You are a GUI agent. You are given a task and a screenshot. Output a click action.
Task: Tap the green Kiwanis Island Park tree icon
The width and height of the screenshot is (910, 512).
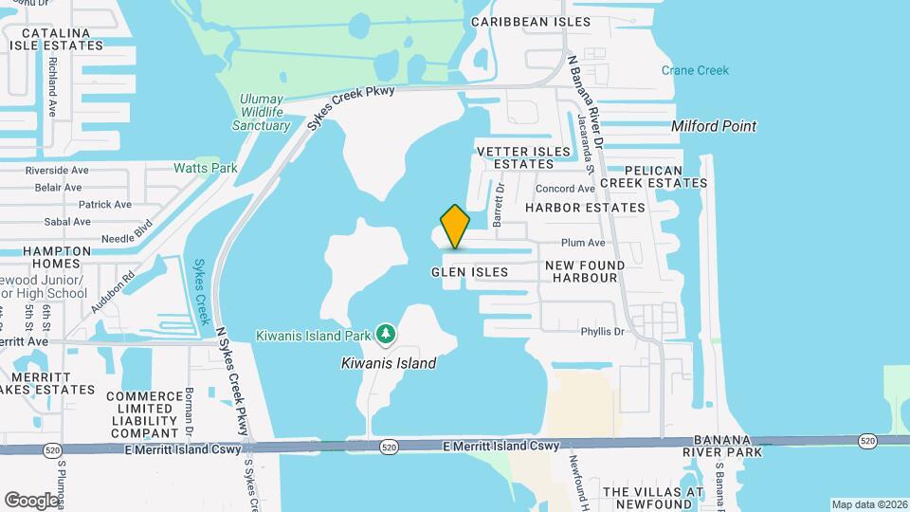pyautogui.click(x=386, y=334)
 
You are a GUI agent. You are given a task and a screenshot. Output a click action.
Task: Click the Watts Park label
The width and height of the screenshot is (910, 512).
pyautogui.click(x=205, y=168)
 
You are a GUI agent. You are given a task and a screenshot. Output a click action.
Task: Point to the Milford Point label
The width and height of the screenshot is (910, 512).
pyautogui.click(x=714, y=126)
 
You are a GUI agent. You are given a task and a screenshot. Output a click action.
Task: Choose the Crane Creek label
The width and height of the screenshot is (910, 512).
pyautogui.click(x=695, y=70)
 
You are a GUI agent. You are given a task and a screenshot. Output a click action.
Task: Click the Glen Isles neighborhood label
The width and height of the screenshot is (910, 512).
pyautogui.click(x=469, y=272)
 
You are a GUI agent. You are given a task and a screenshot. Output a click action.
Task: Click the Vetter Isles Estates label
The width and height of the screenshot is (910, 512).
pyautogui.click(x=514, y=157)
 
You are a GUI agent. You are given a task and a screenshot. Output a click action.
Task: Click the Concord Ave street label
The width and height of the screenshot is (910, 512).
pyautogui.click(x=565, y=189)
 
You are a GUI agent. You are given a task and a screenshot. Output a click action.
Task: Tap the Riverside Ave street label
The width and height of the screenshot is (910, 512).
pyautogui.click(x=57, y=171)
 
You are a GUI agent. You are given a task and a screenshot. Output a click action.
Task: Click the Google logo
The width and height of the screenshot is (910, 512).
pyautogui.click(x=31, y=499)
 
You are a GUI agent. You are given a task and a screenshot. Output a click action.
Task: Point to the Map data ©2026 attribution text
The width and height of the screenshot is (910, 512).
pyautogui.click(x=868, y=504)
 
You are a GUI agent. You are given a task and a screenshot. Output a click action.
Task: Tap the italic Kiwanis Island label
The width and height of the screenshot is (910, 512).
pyautogui.click(x=389, y=363)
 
